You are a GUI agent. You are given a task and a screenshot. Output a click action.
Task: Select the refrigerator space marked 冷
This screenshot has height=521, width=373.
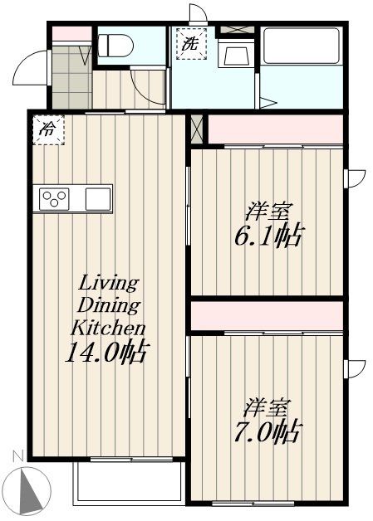pos(48,129)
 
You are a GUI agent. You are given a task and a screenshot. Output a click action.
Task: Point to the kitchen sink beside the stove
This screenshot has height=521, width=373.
pos(97,199)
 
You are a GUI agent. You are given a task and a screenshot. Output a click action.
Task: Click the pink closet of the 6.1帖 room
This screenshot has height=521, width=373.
pos(275,129)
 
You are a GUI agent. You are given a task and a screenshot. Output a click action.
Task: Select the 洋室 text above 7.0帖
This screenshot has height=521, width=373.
pos(267,408)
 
